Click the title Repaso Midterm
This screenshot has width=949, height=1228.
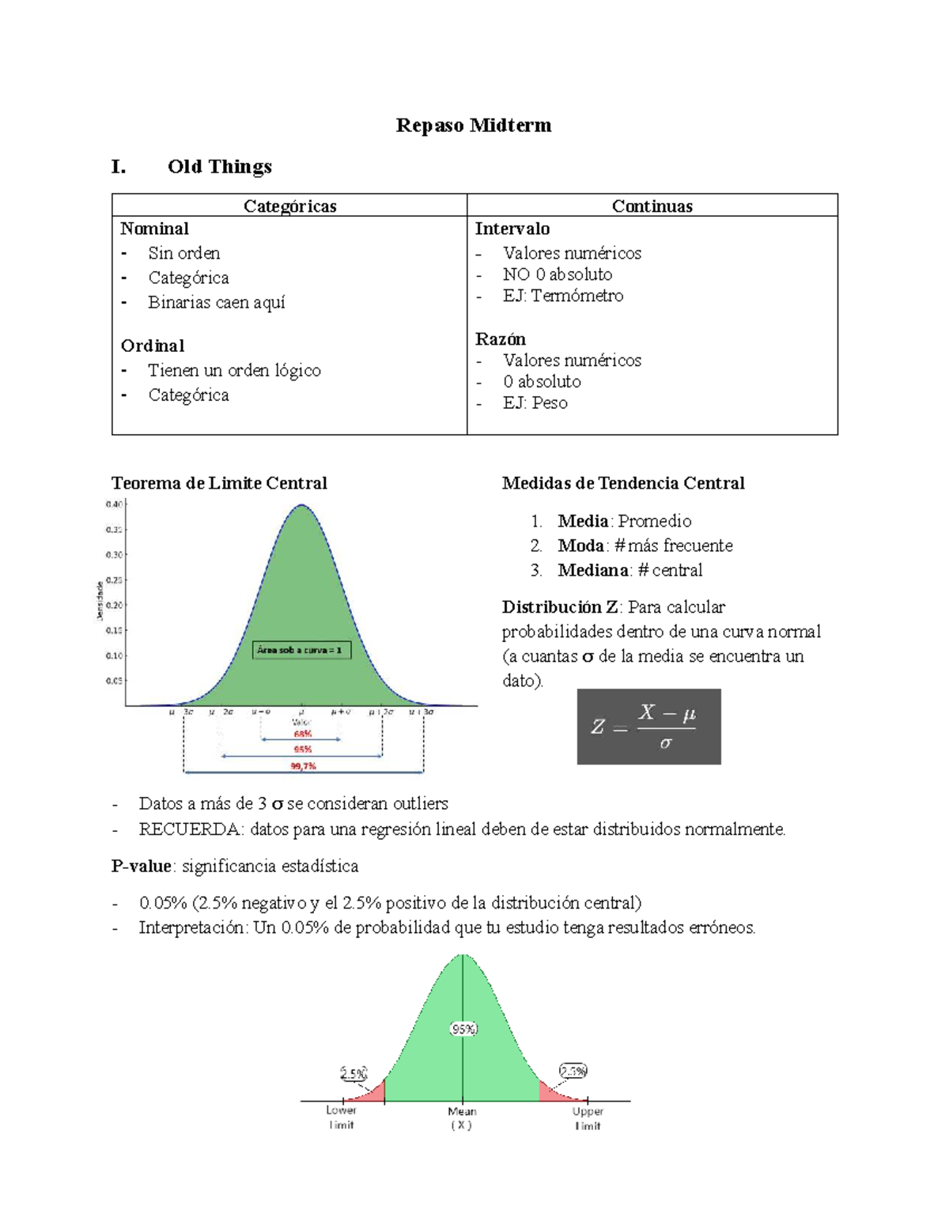pos(473,125)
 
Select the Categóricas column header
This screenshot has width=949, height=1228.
pos(289,206)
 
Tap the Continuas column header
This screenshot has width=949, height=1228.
pos(652,206)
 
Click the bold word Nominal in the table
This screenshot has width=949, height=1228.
pos(154,229)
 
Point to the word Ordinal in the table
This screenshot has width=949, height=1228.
pos(153,346)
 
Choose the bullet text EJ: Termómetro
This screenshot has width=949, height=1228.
pos(562,296)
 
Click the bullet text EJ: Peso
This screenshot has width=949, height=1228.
pos(535,402)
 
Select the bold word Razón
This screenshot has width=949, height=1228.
pos(500,338)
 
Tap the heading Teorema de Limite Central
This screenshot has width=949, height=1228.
pos(219,483)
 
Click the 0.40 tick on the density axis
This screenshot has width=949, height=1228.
pos(114,504)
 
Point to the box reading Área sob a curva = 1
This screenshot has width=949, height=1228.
pos(301,650)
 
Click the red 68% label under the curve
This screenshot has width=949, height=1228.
pos(302,734)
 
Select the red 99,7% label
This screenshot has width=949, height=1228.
pos(303,766)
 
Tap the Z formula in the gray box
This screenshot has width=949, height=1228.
pos(648,727)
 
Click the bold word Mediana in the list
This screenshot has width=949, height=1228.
pos(593,570)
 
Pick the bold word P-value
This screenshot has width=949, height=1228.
pos(142,866)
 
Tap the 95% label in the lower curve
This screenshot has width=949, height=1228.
pos(463,1029)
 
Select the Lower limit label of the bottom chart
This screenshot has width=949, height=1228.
pos(341,1117)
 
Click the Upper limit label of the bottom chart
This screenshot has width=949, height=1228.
pos(588,1118)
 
